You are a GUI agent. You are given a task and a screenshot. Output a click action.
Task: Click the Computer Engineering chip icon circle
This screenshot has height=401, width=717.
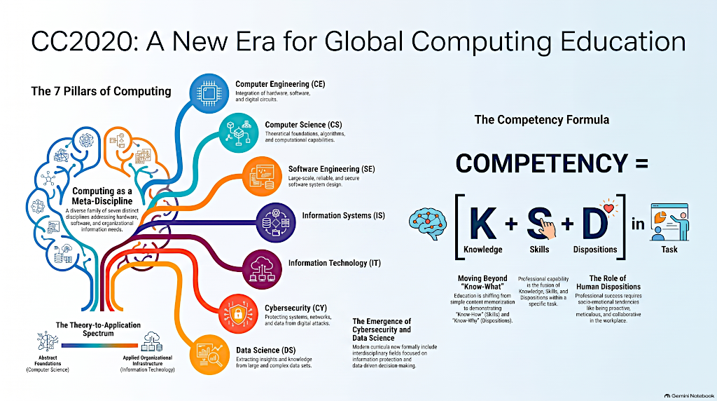(209, 93)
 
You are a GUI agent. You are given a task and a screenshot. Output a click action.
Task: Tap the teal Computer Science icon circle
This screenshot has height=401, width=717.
(239, 132)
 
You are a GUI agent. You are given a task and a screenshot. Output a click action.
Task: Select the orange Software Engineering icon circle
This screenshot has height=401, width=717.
(262, 177)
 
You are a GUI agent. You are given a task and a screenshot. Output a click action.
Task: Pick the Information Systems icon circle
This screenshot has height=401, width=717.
(276, 222)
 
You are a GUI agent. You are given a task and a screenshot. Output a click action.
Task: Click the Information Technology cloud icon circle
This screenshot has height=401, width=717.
(262, 269)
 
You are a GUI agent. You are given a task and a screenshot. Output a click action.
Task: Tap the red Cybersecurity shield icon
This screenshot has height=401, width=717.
(238, 313)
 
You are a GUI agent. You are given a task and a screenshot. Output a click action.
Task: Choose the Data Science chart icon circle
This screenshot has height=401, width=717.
(209, 355)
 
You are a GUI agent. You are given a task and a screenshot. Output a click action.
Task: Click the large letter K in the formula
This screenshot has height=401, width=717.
(483, 223)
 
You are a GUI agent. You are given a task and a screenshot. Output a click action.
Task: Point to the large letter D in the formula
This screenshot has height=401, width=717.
(595, 223)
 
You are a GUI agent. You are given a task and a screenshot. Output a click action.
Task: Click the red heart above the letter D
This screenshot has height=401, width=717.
(608, 208)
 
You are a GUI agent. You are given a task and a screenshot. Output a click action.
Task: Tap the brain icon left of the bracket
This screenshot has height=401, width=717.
(428, 224)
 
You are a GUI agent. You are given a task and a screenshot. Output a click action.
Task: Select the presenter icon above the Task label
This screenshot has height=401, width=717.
(669, 222)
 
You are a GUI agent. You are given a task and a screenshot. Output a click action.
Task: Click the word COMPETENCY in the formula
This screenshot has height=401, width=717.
(541, 163)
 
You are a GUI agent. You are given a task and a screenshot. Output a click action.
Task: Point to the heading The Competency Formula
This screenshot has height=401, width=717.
(542, 120)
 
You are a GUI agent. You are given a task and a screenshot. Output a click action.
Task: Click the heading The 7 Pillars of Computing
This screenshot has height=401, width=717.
(101, 91)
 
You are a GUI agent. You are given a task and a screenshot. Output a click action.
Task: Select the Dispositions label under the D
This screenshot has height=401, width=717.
(595, 250)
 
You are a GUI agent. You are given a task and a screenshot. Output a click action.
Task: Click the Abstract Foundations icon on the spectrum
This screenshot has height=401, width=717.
(48, 341)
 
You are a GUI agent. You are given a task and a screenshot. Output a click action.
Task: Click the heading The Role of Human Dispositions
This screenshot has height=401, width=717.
(608, 283)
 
